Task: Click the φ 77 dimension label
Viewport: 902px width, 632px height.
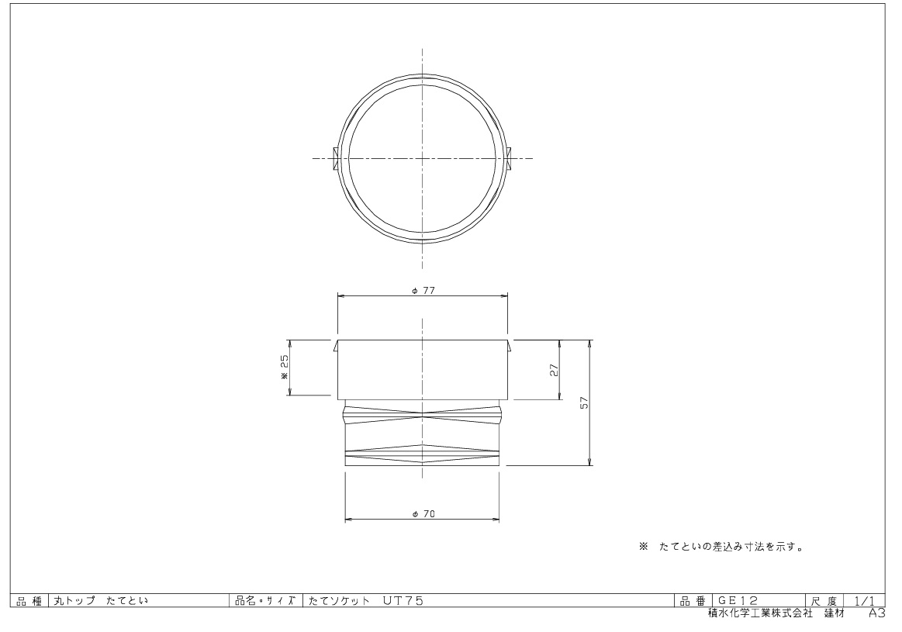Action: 423,291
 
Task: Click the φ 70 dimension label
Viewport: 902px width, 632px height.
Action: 423,515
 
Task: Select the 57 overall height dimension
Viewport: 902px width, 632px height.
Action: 585,402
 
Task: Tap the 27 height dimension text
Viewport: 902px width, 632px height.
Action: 555,370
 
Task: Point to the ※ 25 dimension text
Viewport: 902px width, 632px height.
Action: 284,367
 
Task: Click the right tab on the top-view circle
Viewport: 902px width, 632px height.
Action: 509,158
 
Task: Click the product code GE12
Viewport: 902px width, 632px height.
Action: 738,601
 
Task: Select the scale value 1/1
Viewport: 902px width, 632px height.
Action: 864,601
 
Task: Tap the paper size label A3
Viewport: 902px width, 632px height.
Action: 876,613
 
